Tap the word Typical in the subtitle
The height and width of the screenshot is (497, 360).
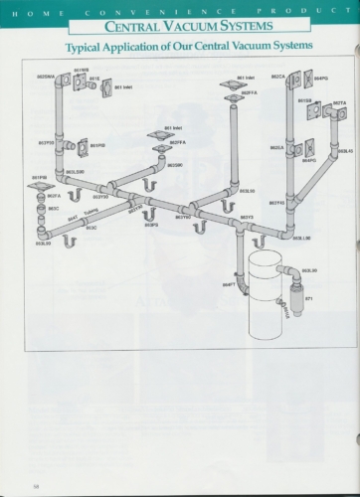[88, 47]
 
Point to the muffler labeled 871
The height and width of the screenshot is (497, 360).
[294, 294]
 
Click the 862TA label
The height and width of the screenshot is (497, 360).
[339, 102]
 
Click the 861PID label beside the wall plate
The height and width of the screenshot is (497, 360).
[96, 145]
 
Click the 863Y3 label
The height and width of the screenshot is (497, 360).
[247, 217]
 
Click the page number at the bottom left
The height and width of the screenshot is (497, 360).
[35, 484]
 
